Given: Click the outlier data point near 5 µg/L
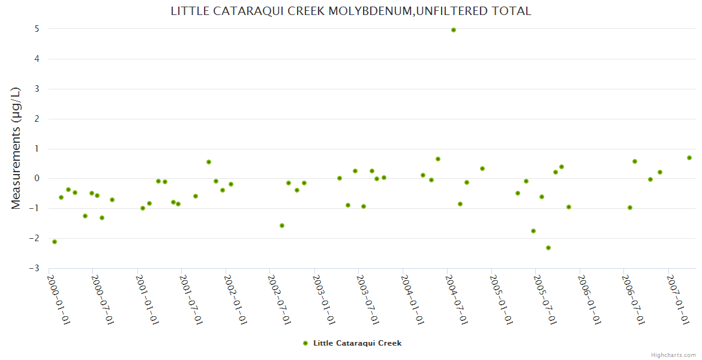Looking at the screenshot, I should point(454,30).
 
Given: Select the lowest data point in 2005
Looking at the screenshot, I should point(548,248).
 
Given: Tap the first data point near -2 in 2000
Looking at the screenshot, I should point(55,242).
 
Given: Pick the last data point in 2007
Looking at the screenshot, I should point(689,158).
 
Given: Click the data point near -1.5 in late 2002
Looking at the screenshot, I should point(282,226).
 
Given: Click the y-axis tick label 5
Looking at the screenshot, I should point(37,29).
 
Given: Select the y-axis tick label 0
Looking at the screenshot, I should point(37,178).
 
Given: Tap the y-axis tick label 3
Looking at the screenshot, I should point(37,89).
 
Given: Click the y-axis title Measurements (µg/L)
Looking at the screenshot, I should point(16,148).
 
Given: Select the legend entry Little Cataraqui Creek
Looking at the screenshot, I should point(357,343).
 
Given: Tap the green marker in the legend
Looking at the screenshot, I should point(305,343).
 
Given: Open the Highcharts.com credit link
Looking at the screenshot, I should point(673,355).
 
